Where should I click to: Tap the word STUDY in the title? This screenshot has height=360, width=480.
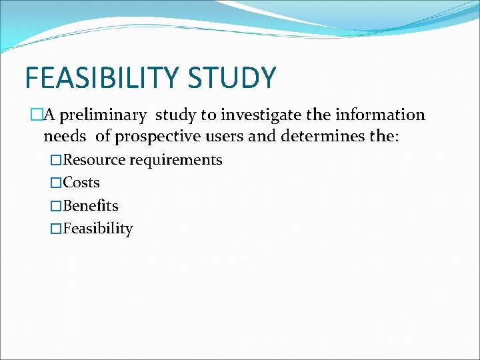(232, 78)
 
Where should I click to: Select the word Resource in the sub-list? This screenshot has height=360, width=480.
(94, 160)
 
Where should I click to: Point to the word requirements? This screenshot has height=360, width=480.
(176, 161)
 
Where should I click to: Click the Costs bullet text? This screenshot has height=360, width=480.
(81, 183)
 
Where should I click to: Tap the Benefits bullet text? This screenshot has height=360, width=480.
(91, 206)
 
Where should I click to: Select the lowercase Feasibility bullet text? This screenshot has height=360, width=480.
(98, 229)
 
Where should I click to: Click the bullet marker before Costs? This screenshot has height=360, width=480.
(56, 183)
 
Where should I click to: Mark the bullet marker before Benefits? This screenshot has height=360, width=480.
(56, 206)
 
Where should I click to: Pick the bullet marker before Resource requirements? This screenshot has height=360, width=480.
(56, 160)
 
